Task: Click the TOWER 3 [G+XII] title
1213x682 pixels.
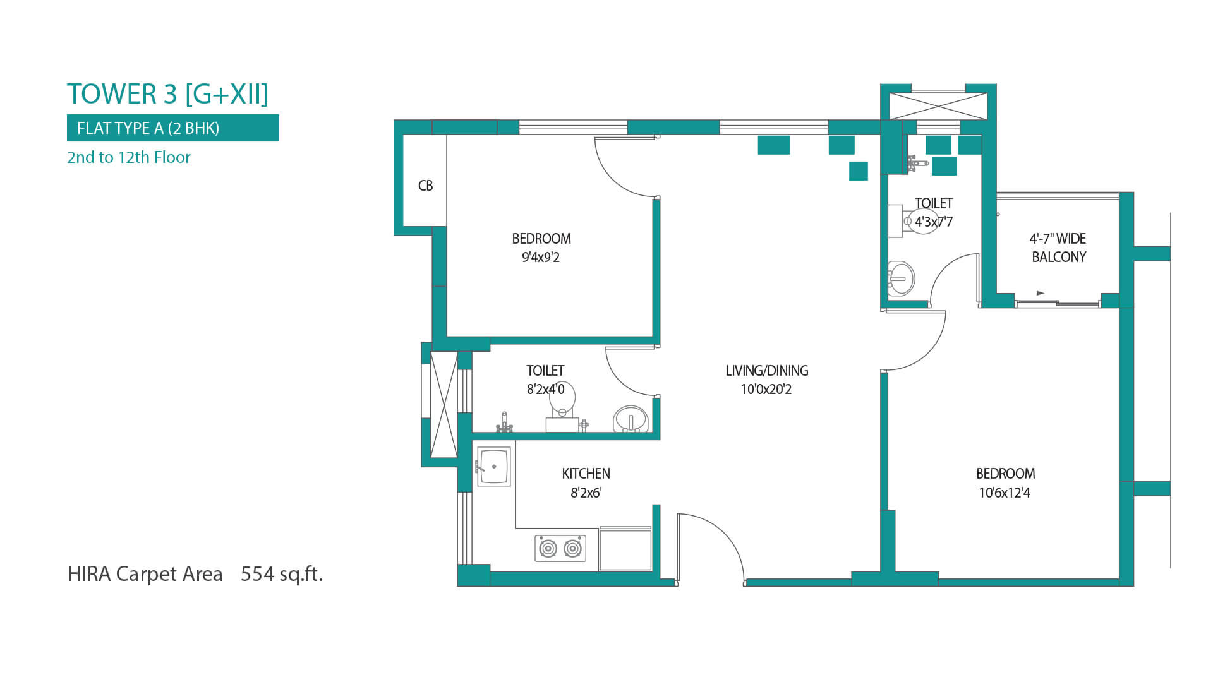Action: point(167,94)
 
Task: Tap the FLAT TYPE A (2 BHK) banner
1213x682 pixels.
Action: point(173,128)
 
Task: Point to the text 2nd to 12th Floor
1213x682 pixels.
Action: point(129,157)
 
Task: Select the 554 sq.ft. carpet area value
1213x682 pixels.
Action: point(282,573)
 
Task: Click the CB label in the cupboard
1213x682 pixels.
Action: point(426,186)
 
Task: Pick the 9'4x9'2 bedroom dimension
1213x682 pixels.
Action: point(541,257)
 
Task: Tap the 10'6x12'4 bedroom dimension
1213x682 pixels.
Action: point(1005,493)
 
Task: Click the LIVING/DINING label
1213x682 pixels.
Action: point(767,371)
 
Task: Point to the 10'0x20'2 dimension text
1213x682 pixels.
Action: point(766,390)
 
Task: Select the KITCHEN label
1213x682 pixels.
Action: point(586,474)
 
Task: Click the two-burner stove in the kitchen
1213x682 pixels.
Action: point(560,548)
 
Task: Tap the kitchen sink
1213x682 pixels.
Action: point(494,467)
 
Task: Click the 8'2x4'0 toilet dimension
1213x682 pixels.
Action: point(546,390)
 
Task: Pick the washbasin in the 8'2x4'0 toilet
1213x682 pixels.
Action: point(631,419)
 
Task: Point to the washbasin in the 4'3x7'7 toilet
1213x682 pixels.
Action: point(900,278)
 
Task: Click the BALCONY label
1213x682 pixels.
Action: point(1059,257)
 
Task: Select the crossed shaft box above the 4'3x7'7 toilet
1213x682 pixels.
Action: point(938,105)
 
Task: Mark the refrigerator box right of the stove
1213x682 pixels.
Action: point(625,549)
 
